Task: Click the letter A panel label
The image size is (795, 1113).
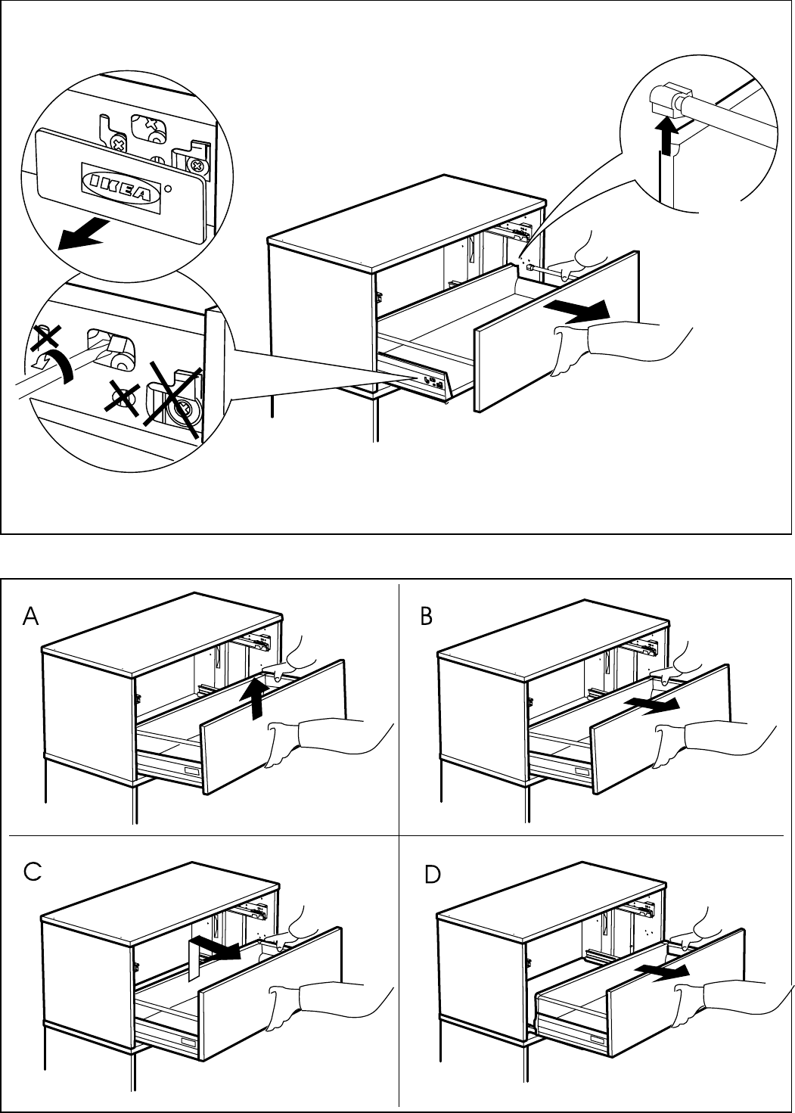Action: coord(31,617)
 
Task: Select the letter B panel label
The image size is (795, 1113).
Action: coord(427,617)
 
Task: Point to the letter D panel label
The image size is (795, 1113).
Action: coord(432,875)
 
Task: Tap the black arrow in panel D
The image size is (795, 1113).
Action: coord(663,972)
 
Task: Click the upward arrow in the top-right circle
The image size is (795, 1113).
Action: coord(667,137)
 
